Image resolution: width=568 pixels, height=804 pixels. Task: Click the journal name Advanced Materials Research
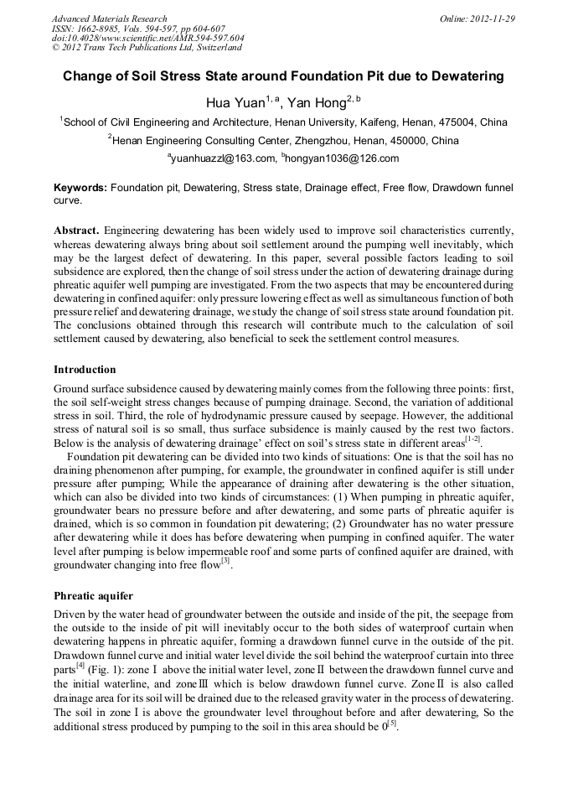(109, 18)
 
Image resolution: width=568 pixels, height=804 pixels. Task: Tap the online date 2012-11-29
(493, 18)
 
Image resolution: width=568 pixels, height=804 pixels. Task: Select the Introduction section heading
(85, 370)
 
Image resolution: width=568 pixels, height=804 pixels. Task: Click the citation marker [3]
(225, 561)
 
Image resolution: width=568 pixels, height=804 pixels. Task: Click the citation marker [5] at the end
(390, 724)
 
